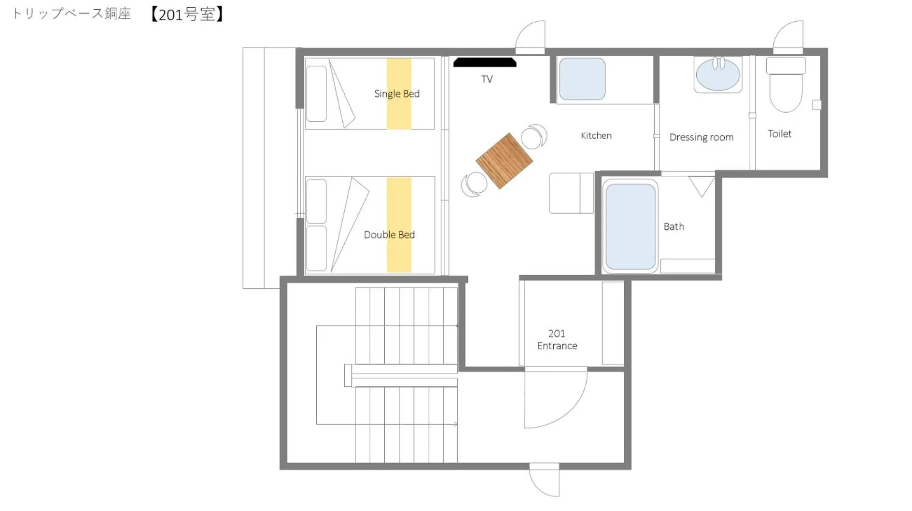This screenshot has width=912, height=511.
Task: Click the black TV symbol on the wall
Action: point(485,62)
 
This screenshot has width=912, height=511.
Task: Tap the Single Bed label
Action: point(396,94)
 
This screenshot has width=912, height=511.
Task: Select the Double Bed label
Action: point(389,235)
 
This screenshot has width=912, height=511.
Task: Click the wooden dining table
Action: point(504,160)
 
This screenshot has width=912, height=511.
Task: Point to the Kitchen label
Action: point(596,136)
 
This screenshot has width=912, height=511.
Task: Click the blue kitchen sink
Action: point(582,79)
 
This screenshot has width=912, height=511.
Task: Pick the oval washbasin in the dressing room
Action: point(717,75)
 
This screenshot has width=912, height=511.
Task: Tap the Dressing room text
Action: point(701,137)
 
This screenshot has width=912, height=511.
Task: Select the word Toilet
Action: point(779,134)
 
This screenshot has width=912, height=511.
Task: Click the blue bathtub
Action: point(630,227)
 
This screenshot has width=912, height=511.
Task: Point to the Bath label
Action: point(673,227)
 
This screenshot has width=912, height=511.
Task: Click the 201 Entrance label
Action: point(557,340)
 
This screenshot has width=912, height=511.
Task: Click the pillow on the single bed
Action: point(316,94)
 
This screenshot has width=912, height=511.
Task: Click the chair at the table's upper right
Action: point(533,137)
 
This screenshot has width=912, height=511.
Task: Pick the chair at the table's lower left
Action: point(475,184)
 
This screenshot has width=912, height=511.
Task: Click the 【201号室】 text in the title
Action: point(186,14)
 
